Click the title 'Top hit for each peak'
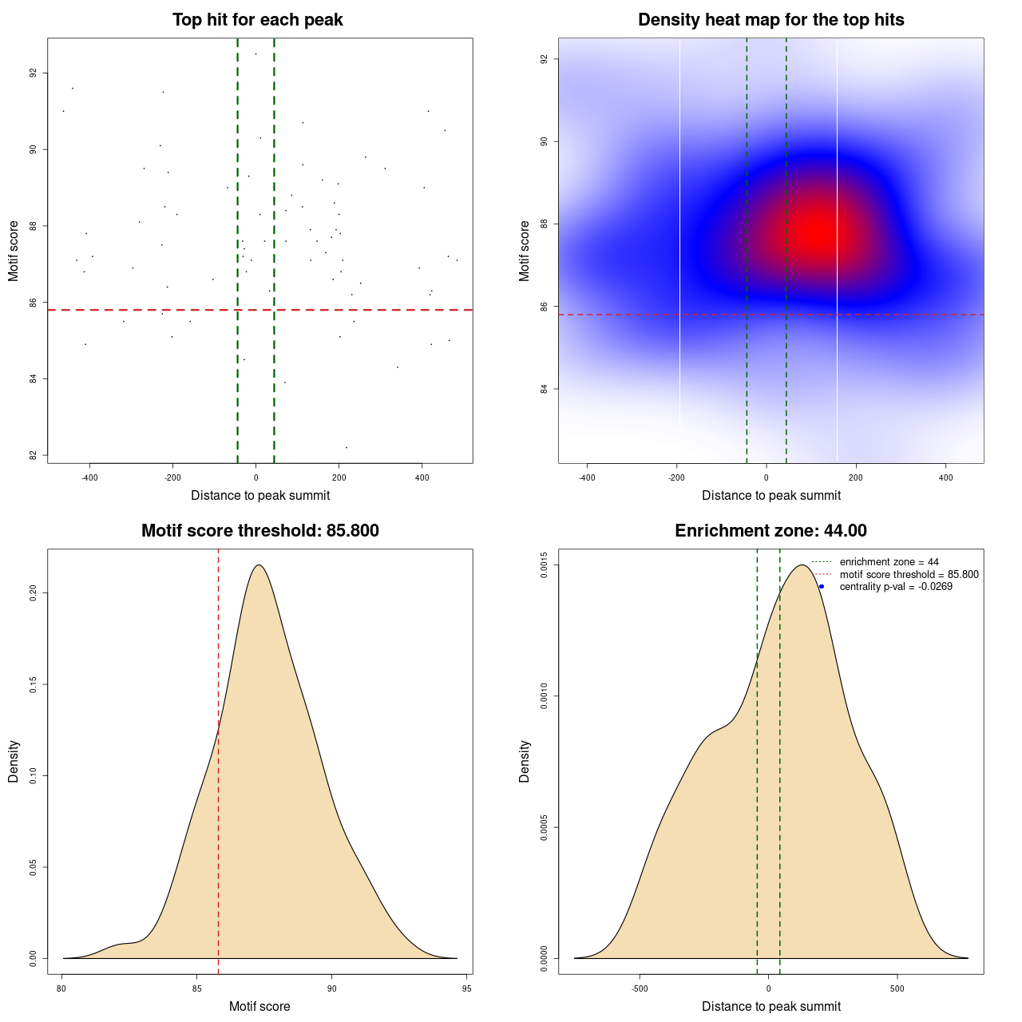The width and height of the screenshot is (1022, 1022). [258, 20]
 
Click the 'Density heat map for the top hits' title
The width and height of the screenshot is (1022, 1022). [770, 20]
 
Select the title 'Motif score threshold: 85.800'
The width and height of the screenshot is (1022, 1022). [259, 531]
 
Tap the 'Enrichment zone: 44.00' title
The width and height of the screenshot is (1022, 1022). [770, 531]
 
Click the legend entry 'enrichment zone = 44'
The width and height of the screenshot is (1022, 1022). [889, 562]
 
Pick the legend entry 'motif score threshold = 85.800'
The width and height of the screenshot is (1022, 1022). [909, 575]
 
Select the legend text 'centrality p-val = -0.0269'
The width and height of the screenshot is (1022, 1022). [896, 587]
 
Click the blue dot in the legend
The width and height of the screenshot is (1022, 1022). [822, 587]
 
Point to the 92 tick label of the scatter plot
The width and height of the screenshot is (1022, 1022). [34, 73]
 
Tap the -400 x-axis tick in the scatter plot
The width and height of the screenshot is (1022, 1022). [89, 477]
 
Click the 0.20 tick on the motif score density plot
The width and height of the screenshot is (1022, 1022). [34, 593]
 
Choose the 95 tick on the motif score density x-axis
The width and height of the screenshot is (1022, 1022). [467, 988]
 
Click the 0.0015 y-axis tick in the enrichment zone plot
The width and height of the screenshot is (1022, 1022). [545, 565]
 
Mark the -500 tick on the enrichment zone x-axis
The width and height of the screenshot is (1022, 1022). [640, 988]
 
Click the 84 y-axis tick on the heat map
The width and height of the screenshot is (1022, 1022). [545, 389]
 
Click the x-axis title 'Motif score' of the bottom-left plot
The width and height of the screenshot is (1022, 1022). [259, 1007]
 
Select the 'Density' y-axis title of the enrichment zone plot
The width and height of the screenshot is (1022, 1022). [525, 761]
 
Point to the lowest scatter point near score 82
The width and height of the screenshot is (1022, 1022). [346, 447]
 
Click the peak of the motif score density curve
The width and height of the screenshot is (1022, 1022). [258, 565]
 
